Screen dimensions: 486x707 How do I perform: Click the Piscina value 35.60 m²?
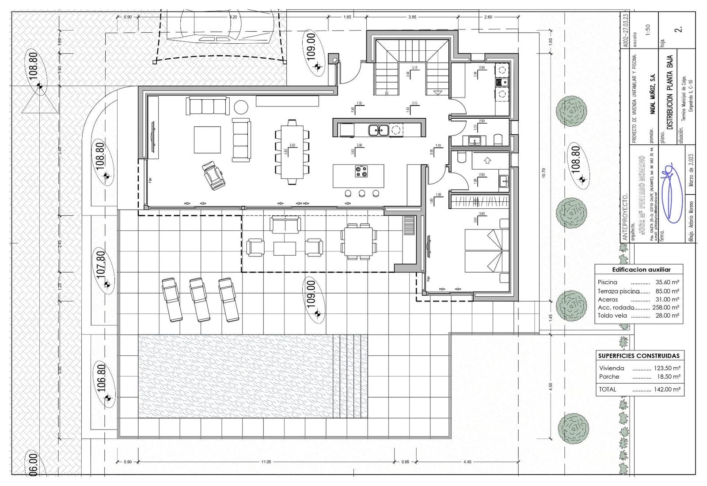667,282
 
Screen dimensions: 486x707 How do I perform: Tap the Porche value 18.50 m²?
668,377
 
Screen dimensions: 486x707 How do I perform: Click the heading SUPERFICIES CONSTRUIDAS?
639,356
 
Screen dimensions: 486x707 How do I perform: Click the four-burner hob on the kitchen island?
361,171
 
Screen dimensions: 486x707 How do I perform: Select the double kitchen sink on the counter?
379,130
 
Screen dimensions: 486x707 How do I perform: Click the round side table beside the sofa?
241,107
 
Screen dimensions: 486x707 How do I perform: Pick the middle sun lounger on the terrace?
200,299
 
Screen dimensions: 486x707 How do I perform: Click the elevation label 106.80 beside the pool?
101,379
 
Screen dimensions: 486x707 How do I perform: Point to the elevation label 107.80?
101,264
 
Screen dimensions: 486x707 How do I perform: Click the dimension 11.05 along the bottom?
266,462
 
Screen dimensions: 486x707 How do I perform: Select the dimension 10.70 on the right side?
544,173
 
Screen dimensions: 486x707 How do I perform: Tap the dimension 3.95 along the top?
412,17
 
